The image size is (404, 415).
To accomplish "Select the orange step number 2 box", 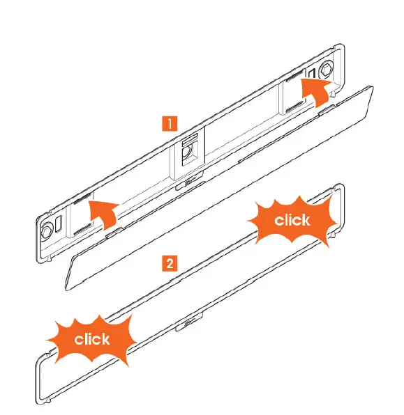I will tap(168, 263).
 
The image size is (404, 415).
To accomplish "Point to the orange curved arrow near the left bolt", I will tap(102, 210).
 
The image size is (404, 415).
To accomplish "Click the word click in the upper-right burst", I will tap(292, 221).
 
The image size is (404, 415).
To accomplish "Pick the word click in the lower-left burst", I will tap(91, 339).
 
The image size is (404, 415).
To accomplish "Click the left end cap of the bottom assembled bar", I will tap(40, 379).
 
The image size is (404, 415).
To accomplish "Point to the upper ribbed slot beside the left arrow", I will tap(81, 201).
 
